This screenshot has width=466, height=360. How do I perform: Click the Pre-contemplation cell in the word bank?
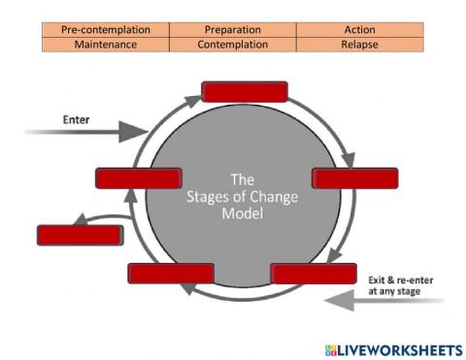coord(106,30)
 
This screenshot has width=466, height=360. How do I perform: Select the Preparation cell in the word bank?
coord(233,30)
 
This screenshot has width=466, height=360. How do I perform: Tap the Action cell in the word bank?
coord(359,30)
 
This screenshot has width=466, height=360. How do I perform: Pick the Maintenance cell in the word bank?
coord(106,44)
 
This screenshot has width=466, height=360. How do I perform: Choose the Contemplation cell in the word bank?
coord(233,44)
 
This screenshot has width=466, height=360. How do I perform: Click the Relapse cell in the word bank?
coord(359,44)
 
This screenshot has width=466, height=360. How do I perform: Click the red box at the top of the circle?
coord(244,91)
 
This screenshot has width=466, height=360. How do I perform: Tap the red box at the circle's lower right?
coord(314,273)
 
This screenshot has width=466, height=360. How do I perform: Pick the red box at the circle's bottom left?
coord(170,273)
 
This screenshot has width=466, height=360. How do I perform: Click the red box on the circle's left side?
coord(139,178)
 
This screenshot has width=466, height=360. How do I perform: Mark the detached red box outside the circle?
coord(80,235)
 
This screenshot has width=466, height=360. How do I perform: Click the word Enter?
coord(77,120)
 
